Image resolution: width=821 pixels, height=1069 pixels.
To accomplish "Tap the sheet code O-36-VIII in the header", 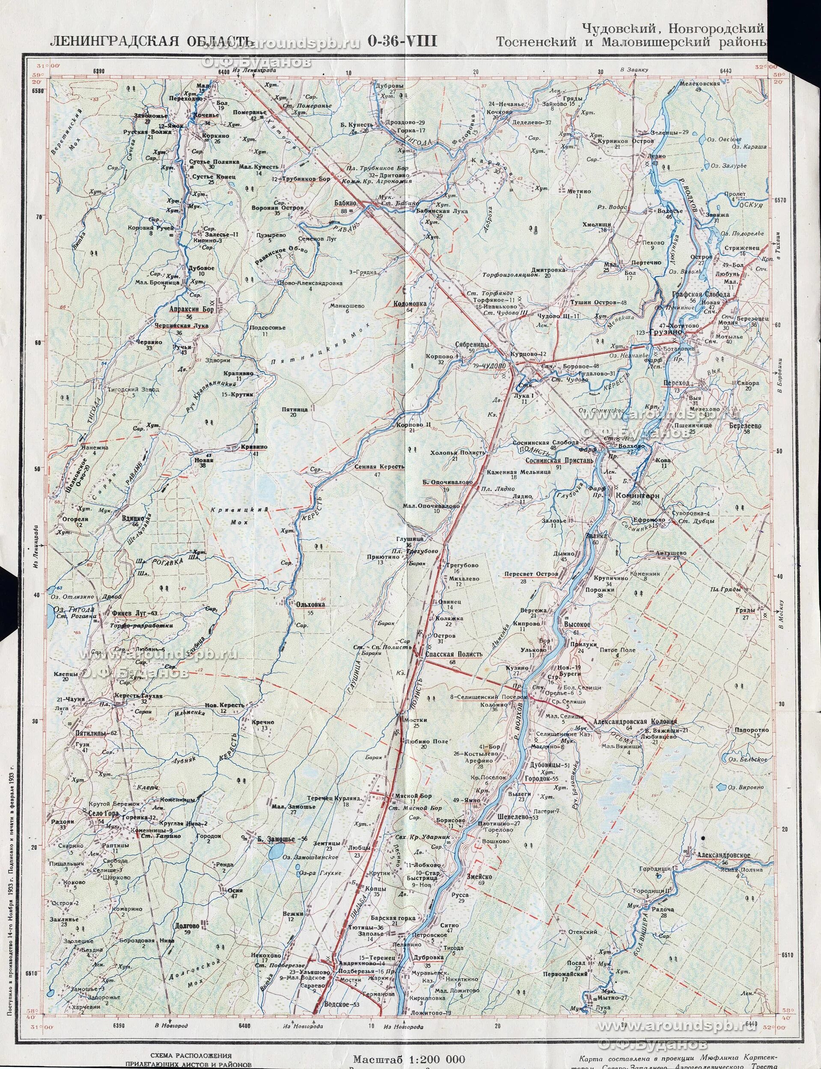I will tap(403, 42).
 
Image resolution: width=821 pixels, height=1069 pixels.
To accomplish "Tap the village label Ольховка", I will tap(310, 604).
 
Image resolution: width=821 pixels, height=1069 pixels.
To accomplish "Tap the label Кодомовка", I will tap(410, 303).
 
